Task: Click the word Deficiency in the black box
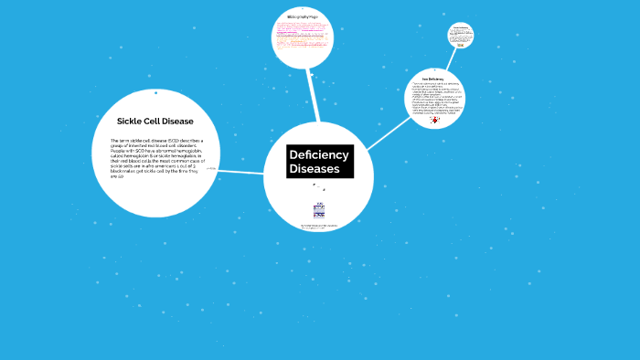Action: (319, 154)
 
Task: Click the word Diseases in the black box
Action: (315, 169)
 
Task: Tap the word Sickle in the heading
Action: (133, 121)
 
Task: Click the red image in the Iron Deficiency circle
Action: (434, 119)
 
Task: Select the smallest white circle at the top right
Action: (461, 36)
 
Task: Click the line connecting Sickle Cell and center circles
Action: (241, 172)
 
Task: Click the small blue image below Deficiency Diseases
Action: (319, 211)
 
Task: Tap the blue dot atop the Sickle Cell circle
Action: (155, 92)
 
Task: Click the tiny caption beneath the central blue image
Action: (319, 225)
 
